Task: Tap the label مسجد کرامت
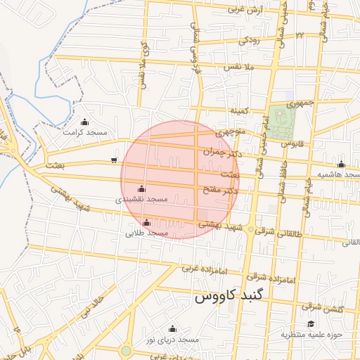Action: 84,132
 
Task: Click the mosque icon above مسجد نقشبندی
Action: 142,189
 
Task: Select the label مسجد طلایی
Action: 146,233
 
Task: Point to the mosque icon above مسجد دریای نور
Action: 172,328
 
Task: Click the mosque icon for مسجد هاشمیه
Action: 341,164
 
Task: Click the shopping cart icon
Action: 114,160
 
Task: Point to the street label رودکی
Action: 249,41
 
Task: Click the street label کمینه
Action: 240,110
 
